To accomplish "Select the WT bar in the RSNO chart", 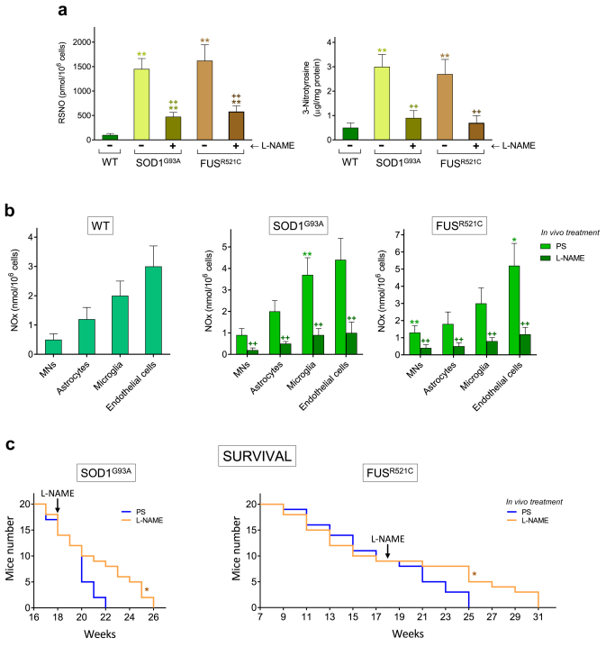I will (x=109, y=137).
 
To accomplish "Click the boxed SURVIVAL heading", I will (x=258, y=456).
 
